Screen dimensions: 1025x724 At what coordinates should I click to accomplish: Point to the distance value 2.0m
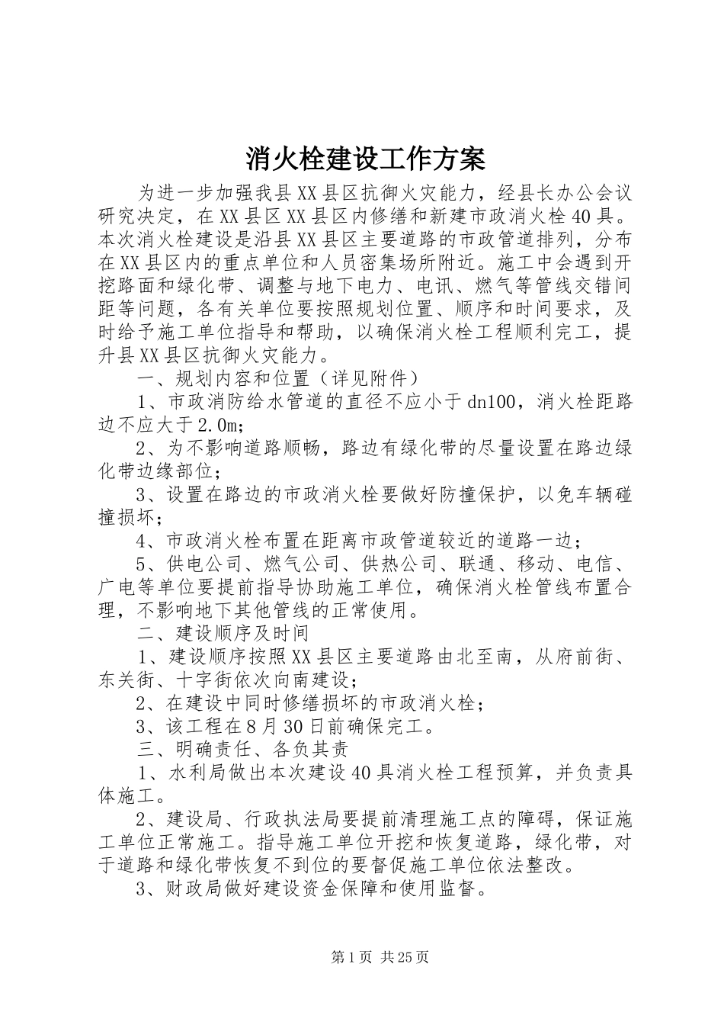click(219, 425)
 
